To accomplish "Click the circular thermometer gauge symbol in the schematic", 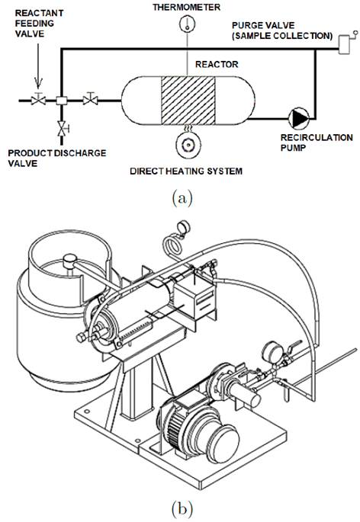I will [x=184, y=24].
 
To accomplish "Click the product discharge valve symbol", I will [x=60, y=126].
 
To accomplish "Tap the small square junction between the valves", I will [x=61, y=99].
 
